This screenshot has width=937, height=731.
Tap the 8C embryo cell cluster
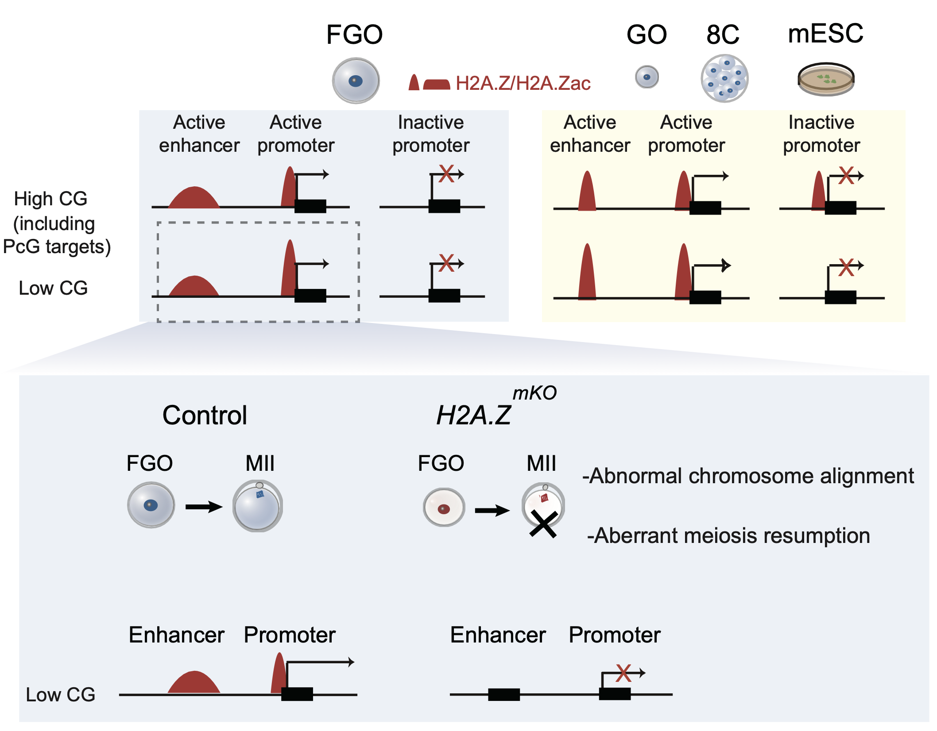point(724,78)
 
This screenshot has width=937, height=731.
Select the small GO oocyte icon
point(647,77)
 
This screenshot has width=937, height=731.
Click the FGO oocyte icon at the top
point(356,81)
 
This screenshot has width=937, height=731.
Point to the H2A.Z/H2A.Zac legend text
point(523,83)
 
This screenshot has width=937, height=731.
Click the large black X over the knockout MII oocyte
point(543,524)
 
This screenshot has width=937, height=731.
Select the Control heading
point(205,416)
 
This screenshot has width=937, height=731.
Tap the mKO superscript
point(534,393)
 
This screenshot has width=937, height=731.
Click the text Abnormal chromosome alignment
point(748,476)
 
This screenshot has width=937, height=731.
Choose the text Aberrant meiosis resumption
point(729,536)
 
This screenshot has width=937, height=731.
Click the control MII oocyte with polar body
point(257,506)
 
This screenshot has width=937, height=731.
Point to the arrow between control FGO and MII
point(204,507)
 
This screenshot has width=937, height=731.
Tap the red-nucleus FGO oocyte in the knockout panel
point(444,508)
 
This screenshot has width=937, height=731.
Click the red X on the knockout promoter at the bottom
point(623,673)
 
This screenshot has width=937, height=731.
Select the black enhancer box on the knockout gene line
point(504,694)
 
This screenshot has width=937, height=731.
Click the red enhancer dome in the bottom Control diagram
point(194,683)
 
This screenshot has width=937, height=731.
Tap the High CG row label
point(50,199)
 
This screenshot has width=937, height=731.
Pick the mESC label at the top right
point(825,34)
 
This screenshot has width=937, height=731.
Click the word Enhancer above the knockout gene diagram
point(498,635)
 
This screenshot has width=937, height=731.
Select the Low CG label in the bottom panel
point(61,695)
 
